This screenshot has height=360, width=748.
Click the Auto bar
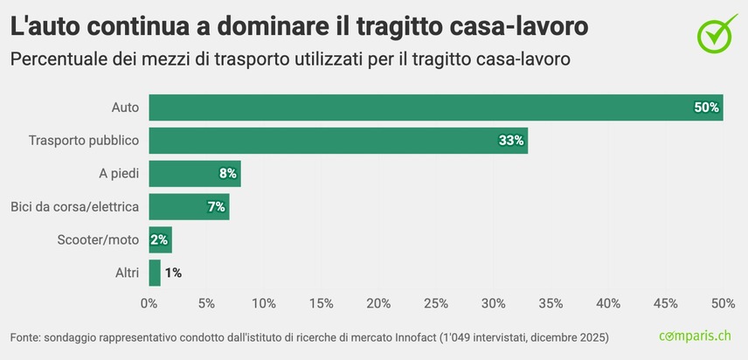pyautogui.click(x=435, y=107)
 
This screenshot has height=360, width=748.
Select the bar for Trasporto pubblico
pyautogui.click(x=337, y=141)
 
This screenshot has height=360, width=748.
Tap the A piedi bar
pyautogui.click(x=194, y=174)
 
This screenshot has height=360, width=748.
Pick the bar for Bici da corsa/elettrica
pyautogui.click(x=189, y=207)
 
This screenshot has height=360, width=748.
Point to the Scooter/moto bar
pyautogui.click(x=160, y=239)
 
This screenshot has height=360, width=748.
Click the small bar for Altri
pyautogui.click(x=155, y=273)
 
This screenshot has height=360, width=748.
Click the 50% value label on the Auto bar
pyautogui.click(x=705, y=107)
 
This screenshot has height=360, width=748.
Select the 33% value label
pyautogui.click(x=510, y=141)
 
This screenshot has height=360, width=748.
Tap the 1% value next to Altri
pyautogui.click(x=173, y=273)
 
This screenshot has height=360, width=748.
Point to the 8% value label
pyautogui.click(x=227, y=174)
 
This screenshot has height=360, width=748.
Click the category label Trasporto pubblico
pyautogui.click(x=84, y=141)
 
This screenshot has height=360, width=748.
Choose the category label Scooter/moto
pyautogui.click(x=98, y=239)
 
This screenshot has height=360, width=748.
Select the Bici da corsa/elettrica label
pyautogui.click(x=74, y=207)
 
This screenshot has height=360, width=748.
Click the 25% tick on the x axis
pyautogui.click(x=436, y=303)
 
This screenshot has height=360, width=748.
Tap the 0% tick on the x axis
pyautogui.click(x=149, y=303)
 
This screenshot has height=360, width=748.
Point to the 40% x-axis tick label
pyautogui.click(x=608, y=303)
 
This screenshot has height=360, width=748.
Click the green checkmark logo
pyautogui.click(x=717, y=32)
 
